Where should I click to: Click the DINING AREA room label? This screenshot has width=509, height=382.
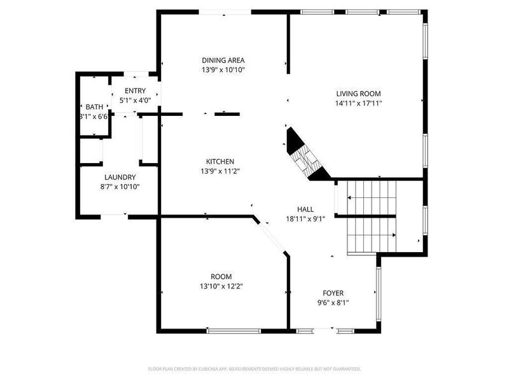click(223, 60)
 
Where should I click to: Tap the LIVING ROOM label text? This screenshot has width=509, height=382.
click(359, 94)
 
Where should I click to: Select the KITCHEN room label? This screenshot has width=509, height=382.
click(220, 161)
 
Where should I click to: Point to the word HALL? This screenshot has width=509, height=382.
click(305, 209)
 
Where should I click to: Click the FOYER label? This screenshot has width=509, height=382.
click(333, 293)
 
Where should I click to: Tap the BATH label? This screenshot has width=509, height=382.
click(94, 107)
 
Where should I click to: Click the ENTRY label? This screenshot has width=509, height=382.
click(135, 91)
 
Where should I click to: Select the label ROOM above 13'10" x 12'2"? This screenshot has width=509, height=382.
click(221, 276)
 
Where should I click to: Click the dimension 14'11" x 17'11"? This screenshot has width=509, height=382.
click(359, 103)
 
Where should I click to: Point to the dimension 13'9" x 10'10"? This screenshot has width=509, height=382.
click(223, 70)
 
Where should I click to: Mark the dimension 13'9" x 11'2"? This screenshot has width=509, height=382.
click(220, 171)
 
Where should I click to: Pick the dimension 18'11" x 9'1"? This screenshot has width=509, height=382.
click(305, 219)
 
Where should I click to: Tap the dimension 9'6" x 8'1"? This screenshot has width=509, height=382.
click(333, 302)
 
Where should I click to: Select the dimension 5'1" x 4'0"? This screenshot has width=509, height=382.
click(135, 100)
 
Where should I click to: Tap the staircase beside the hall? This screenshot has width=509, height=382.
click(371, 216)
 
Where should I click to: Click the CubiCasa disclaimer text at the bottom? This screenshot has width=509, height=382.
click(254, 369)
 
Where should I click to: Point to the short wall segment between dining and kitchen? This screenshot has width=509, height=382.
click(227, 114)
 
